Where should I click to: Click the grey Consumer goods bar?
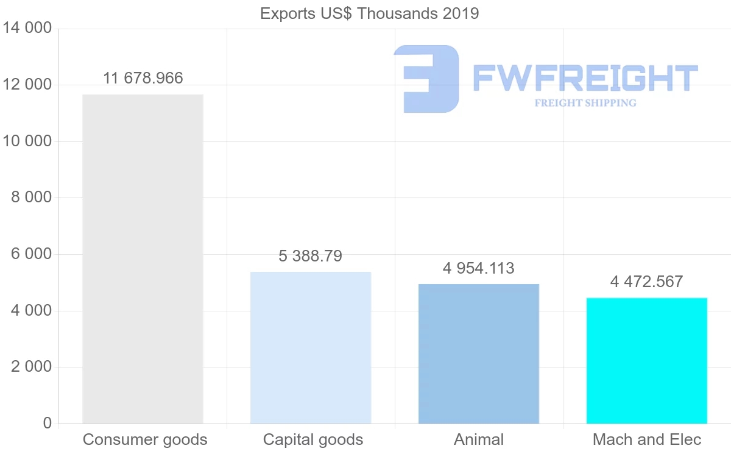[143, 259]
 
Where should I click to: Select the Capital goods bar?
[311, 347]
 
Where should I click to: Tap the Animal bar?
[479, 353]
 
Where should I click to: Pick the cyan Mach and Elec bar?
[647, 361]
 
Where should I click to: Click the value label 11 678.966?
[143, 79]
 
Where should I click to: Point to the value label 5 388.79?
[311, 257]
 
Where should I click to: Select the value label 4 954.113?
[479, 268]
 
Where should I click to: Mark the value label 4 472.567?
[647, 282]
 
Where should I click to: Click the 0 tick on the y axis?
[48, 424]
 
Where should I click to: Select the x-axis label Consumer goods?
[145, 440]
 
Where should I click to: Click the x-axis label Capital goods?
[313, 440]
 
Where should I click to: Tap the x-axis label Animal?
[479, 440]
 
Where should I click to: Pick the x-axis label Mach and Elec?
[647, 440]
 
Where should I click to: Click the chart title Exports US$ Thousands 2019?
[370, 13]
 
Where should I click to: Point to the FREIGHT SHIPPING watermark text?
[585, 103]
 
